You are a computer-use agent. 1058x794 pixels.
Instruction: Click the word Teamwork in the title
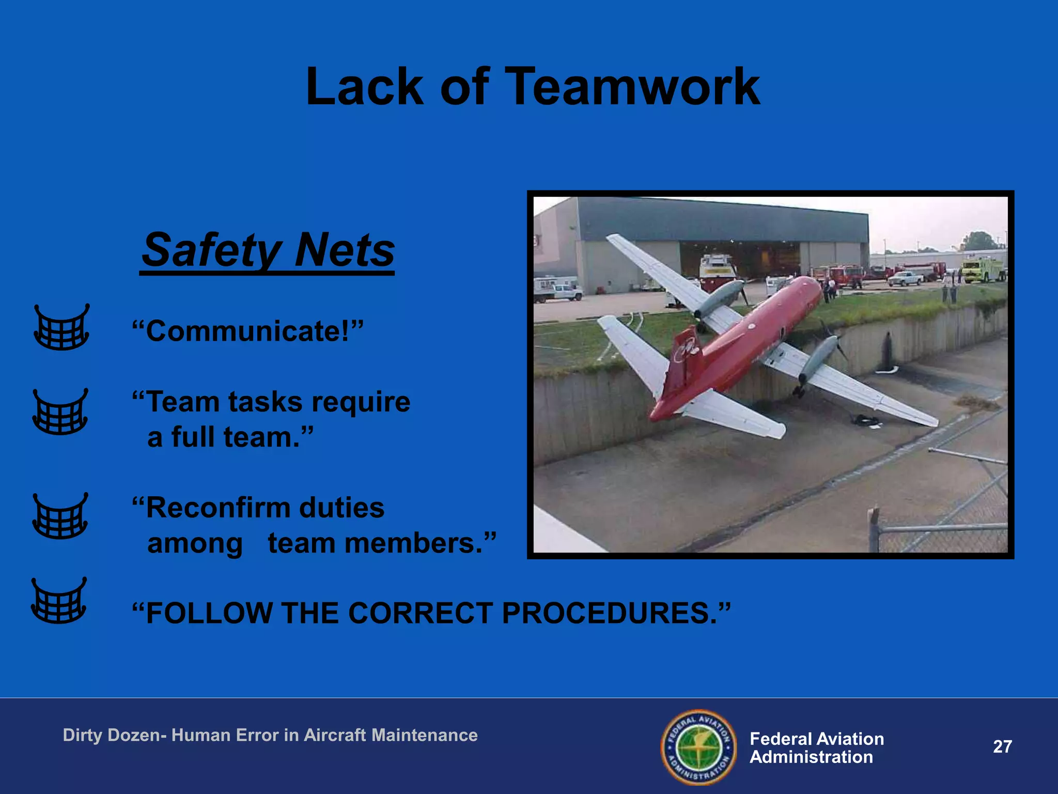click(631, 87)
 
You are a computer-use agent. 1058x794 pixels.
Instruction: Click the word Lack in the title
click(365, 87)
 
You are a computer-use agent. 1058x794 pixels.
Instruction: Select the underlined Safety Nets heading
click(268, 251)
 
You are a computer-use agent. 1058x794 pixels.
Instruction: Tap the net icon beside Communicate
click(61, 328)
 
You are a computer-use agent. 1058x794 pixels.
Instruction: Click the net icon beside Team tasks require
click(60, 412)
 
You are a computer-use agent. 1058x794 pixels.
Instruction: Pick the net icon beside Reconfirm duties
click(60, 516)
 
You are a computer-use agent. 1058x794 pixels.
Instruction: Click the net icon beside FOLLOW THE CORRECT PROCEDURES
click(59, 601)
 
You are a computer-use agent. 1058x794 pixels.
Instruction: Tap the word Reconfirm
click(214, 508)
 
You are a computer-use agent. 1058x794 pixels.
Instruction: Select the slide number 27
click(1002, 746)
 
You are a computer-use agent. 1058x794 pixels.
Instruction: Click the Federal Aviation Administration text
click(816, 747)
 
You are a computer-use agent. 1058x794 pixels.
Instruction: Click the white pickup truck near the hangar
click(905, 278)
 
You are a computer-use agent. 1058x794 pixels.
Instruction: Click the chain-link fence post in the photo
click(873, 529)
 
